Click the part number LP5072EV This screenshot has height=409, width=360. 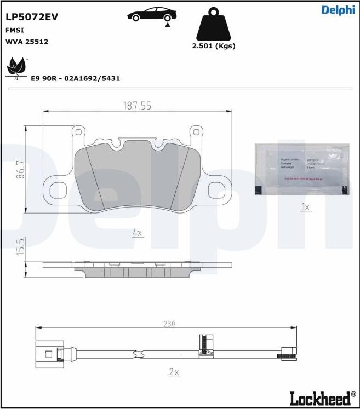(x=31, y=17)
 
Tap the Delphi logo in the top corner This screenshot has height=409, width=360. (x=338, y=10)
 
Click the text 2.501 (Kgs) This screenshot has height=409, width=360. (x=213, y=46)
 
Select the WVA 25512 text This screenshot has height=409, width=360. (x=27, y=42)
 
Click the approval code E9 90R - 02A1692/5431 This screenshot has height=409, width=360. (x=75, y=78)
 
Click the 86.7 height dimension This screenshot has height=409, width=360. (x=20, y=170)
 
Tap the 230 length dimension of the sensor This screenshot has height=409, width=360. (x=169, y=324)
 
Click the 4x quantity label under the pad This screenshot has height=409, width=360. (x=137, y=233)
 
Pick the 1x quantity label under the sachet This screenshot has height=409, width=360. (x=306, y=206)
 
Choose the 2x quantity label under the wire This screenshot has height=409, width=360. (x=174, y=372)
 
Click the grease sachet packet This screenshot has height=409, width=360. (x=301, y=169)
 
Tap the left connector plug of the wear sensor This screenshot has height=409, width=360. (x=48, y=353)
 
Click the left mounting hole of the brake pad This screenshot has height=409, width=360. (x=58, y=190)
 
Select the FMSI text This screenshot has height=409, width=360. (x=15, y=31)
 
